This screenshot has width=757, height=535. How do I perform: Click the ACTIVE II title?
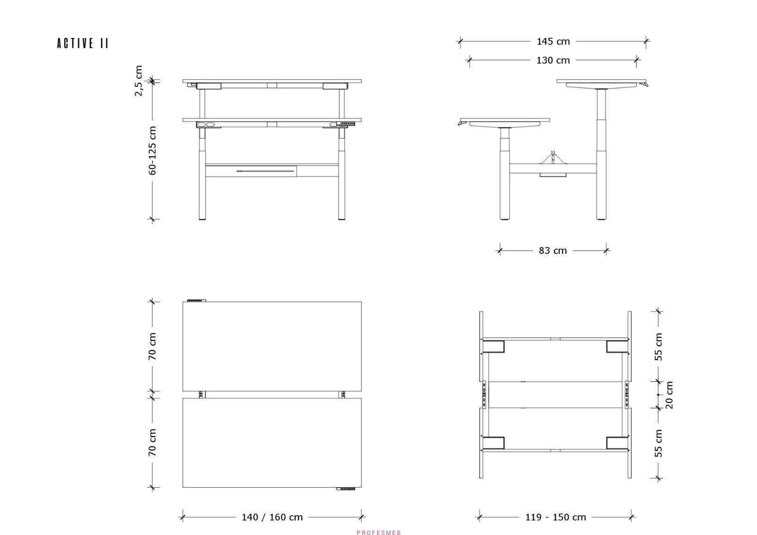pos(83,43)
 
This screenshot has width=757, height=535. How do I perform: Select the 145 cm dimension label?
pos(553,42)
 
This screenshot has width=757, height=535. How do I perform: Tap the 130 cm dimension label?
pos(553,61)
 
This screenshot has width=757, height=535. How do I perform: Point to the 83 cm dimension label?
pos(553,251)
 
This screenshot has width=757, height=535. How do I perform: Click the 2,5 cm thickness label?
pos(139,81)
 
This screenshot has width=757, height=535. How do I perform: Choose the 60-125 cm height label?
pos(152,151)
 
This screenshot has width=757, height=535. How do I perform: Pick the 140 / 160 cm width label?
pos(272,517)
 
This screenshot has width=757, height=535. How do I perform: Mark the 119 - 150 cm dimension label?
pos(555,517)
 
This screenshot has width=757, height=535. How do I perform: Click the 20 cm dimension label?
pos(669,395)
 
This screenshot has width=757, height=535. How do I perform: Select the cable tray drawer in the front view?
pos(251,171)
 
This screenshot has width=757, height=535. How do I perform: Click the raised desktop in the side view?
pos(601,81)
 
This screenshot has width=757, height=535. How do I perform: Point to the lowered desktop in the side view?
pos(505,120)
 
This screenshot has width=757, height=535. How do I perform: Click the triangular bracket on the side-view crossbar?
pos(553,158)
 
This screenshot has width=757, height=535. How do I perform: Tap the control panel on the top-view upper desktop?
pos(197,300)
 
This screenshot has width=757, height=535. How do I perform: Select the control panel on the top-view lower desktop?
pos(346,489)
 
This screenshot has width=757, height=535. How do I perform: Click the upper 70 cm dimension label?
pos(152,346)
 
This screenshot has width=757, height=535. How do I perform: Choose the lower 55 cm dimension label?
pos(658,443)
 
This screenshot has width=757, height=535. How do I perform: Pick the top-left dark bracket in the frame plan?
pos(493,347)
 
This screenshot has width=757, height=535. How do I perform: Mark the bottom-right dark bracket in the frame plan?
pos(617,443)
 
